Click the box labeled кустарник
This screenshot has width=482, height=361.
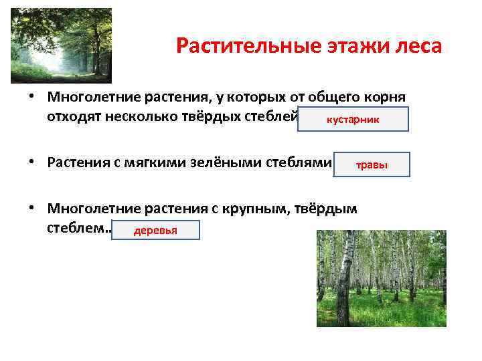coord(352,119)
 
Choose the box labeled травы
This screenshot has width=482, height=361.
coord(372,164)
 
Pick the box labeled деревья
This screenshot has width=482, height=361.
coord(155,231)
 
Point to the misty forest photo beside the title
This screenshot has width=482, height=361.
coord(61,45)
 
